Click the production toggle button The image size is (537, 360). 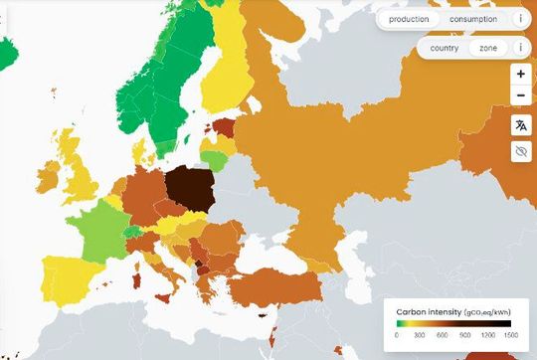[x=409, y=19]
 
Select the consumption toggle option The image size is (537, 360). [x=472, y=19]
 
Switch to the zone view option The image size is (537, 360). [x=487, y=48]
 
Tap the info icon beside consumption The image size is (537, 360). [x=520, y=19]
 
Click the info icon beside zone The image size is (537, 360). [x=520, y=48]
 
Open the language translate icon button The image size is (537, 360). [x=520, y=125]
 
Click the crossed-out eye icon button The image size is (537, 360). [x=520, y=151]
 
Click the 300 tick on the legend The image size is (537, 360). [x=420, y=336]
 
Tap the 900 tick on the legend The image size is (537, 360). [x=465, y=336]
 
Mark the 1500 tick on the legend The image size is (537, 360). [x=510, y=336]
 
